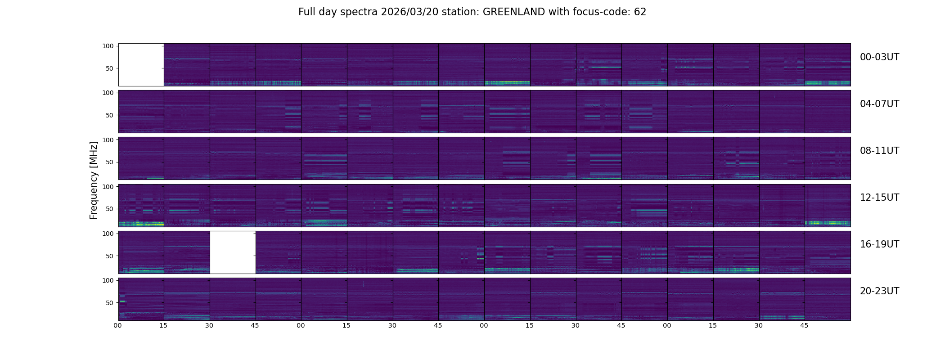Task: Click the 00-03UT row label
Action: (879, 57)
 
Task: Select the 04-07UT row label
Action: (879, 104)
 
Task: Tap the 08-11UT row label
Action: (879, 151)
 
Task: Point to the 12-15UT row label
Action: (879, 198)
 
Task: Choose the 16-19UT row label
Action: (879, 244)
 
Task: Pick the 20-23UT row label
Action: (879, 291)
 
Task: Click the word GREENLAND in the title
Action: (514, 12)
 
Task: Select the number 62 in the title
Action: (640, 12)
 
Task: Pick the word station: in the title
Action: (464, 12)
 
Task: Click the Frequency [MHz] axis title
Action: (94, 180)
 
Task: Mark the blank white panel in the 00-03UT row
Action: (141, 65)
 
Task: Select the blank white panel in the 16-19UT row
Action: (233, 252)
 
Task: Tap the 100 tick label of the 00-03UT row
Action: (108, 46)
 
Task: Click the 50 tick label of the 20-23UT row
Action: (110, 303)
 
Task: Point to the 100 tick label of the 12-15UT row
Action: (108, 186)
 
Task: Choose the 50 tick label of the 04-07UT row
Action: (110, 115)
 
